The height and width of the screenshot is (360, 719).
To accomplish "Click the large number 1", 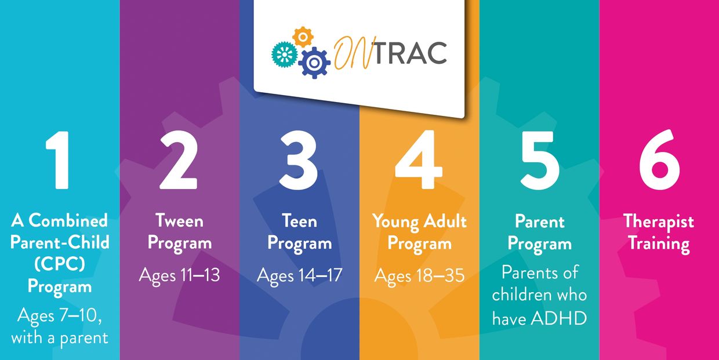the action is click(x=59, y=160).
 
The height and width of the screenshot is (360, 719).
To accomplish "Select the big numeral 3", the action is click(x=299, y=160).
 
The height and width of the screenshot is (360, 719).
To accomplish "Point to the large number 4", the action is click(x=419, y=159).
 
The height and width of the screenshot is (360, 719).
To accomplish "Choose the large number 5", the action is click(x=539, y=160).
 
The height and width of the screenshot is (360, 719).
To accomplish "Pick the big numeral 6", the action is click(x=659, y=159).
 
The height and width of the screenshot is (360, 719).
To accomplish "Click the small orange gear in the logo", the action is click(x=303, y=37).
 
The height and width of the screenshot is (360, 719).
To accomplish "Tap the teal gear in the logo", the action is click(x=284, y=54).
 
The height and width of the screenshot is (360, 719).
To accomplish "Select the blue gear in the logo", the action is click(x=314, y=63).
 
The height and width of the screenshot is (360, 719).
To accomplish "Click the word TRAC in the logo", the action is click(x=410, y=53).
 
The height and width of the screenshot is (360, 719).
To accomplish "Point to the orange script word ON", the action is click(x=352, y=52).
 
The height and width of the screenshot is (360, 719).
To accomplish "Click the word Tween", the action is click(x=179, y=221).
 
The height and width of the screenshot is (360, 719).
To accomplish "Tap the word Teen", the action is click(x=299, y=221).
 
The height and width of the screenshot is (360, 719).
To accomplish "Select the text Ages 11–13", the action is click(x=179, y=275).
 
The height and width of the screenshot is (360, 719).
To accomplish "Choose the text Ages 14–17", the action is click(x=299, y=275).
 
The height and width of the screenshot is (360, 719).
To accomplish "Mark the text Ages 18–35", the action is click(x=419, y=275).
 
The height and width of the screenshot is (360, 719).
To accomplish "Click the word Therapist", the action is click(x=659, y=222).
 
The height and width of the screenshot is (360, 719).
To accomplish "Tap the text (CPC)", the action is click(x=60, y=264).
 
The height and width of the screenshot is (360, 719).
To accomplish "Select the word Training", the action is click(x=659, y=244).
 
